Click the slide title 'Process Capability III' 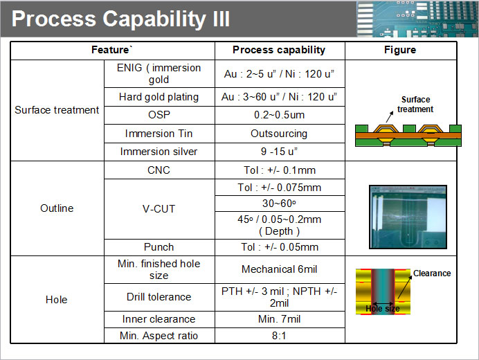coord(120,19)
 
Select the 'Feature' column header coord(112,50)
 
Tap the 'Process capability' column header coord(279,50)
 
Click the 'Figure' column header coord(400,50)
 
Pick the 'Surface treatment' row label coord(57,109)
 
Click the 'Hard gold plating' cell coord(159,97)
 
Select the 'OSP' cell coord(159,115)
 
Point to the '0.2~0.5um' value coord(279,115)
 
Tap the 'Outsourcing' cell coord(279,134)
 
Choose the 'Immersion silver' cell coord(159,152)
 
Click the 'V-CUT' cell coord(159,209)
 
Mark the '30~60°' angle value coord(279,204)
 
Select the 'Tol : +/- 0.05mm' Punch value coord(280,247)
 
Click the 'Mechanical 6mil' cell coord(279,269)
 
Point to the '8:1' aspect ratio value coord(279,336)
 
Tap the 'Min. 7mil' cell coord(279,319)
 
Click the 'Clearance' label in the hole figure coord(432,273)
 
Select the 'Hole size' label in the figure coord(383,309)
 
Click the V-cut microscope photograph coord(408,217)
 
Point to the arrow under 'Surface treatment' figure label coord(390,117)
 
